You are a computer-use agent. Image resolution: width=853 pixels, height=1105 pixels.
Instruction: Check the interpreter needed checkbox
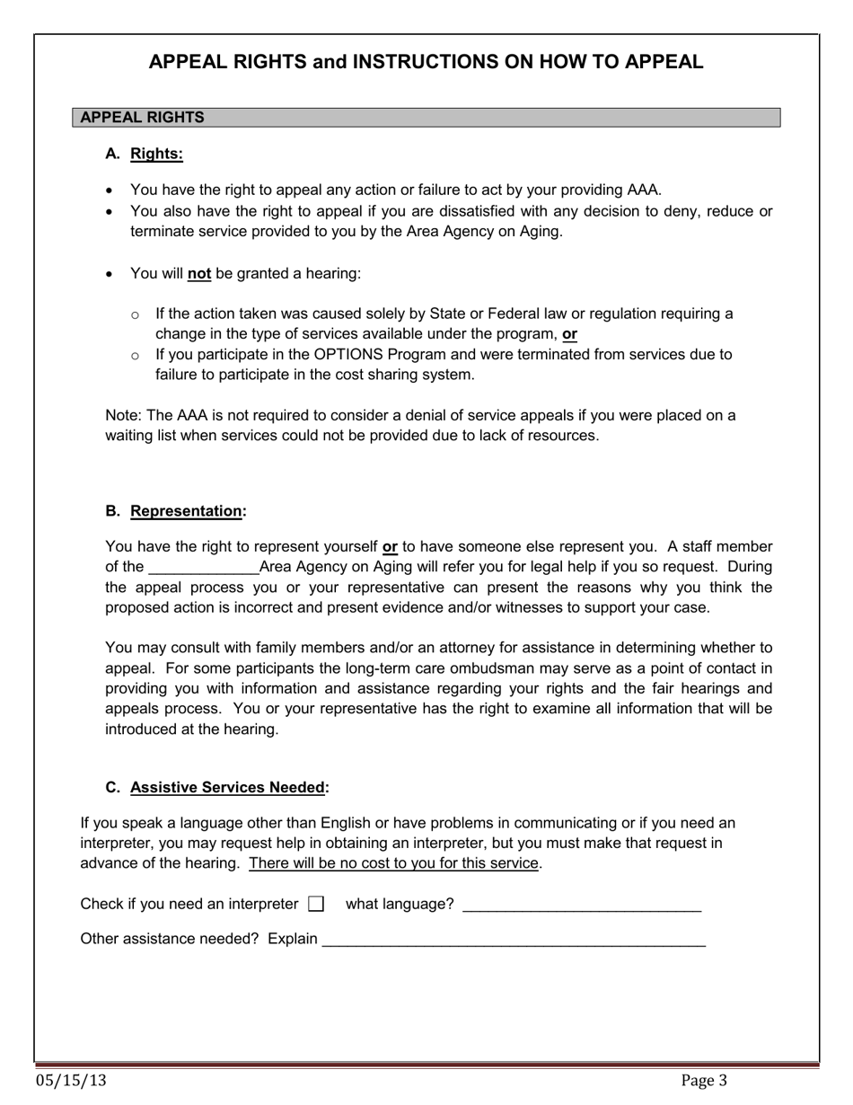[x=315, y=904]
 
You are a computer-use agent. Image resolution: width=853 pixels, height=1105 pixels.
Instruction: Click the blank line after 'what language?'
[x=581, y=906]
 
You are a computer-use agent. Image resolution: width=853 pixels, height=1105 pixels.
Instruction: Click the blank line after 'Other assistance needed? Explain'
[x=514, y=941]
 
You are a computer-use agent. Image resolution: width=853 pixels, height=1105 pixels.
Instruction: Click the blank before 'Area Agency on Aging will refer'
[x=203, y=569]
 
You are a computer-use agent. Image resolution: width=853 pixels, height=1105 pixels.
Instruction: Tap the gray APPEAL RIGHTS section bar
[x=426, y=118]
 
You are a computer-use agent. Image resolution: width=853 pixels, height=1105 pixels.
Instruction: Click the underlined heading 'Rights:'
[x=156, y=154]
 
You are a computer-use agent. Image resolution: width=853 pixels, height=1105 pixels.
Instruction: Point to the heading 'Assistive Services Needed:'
[x=229, y=788]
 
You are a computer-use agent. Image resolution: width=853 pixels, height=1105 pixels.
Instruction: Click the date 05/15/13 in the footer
[x=71, y=1081]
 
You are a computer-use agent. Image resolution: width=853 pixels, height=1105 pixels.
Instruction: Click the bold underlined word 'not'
[x=198, y=273]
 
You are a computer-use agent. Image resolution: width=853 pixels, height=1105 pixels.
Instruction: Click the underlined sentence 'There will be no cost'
[x=394, y=863]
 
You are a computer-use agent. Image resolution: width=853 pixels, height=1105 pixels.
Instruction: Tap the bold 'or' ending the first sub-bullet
[x=569, y=334]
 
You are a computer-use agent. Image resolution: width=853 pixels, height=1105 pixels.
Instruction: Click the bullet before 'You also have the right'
[x=110, y=212]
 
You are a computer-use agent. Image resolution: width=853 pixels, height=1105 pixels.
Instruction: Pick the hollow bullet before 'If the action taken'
[x=135, y=314]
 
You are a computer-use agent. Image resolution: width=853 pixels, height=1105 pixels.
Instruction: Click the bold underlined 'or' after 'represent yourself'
[x=390, y=546]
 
